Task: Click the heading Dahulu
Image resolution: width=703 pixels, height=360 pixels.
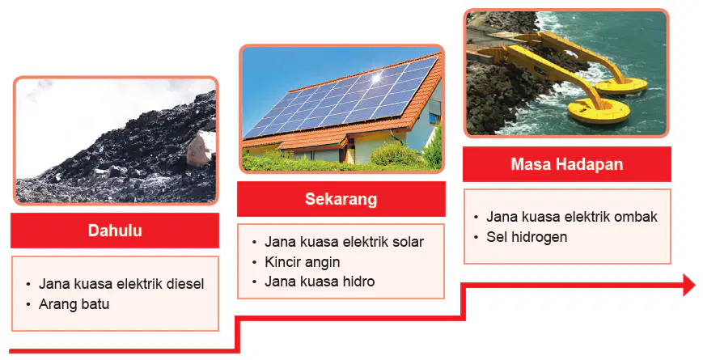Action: click(x=115, y=231)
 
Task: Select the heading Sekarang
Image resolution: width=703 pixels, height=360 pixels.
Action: click(x=341, y=199)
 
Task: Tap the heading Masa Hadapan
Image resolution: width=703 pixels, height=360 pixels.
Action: click(x=567, y=164)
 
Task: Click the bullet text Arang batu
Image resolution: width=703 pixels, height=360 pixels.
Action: click(x=74, y=304)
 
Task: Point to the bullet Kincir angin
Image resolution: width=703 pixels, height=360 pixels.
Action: click(x=303, y=262)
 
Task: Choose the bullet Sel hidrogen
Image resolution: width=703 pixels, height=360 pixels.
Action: click(x=527, y=237)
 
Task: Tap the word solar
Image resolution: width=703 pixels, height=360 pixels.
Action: click(x=408, y=242)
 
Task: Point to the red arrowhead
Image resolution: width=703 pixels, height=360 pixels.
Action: click(x=689, y=285)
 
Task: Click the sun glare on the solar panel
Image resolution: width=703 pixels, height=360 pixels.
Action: click(x=376, y=78)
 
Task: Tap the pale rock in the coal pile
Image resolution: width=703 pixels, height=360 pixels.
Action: click(x=201, y=147)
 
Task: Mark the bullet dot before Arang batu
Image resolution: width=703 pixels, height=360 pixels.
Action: click(x=28, y=304)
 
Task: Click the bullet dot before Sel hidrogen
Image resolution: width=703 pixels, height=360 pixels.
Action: click(x=476, y=237)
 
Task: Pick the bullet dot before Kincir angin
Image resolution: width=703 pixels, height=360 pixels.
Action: click(x=254, y=262)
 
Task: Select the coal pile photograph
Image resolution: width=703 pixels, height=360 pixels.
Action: click(x=116, y=141)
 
